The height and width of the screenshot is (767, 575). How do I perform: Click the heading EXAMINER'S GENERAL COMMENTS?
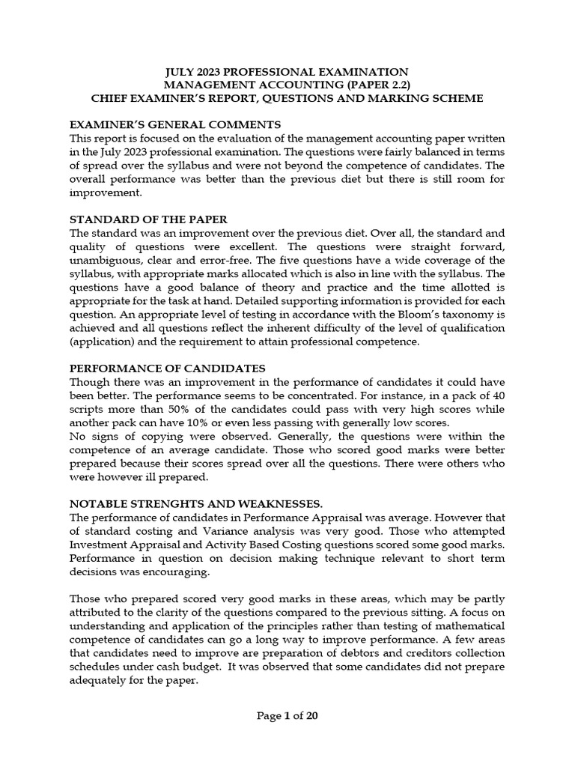click(x=174, y=124)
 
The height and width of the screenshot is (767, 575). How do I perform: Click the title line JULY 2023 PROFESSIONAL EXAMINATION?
click(x=287, y=70)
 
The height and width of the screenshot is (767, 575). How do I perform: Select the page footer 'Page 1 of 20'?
click(x=287, y=715)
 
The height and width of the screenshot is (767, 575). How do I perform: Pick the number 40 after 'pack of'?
click(x=497, y=395)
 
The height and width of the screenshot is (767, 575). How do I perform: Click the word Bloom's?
click(x=423, y=315)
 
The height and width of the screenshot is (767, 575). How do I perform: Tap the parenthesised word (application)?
click(x=101, y=342)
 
